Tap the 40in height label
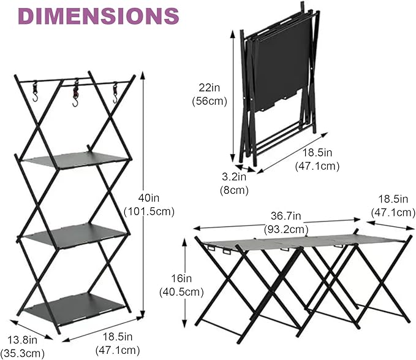148,199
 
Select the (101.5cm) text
149,212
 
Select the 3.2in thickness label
233,177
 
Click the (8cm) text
234,190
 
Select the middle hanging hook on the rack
75,95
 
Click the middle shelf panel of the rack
77,233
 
